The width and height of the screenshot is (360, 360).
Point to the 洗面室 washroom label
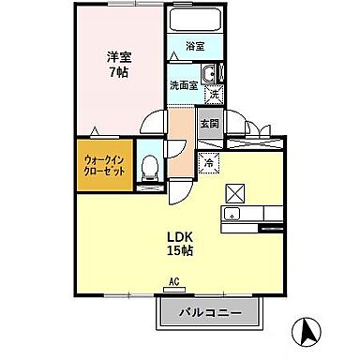tap(184, 84)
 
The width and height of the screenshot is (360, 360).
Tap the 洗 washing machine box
tap(214, 94)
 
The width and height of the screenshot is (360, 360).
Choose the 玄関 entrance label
tap(208, 123)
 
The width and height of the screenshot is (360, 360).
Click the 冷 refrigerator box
tap(209, 161)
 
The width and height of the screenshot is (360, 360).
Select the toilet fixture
tap(149, 167)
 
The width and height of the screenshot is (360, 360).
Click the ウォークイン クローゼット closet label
tap(102, 167)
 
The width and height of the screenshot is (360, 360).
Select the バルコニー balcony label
tap(210, 312)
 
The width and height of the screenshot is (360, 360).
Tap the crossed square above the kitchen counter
tap(235, 193)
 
